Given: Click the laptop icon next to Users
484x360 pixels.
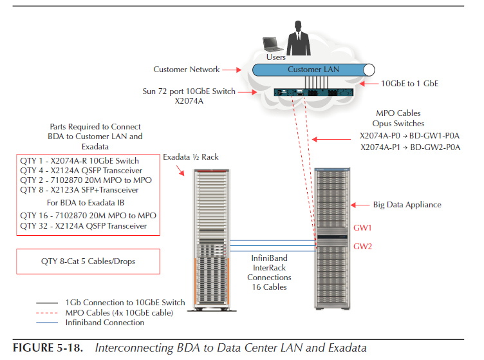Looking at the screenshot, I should (x=272, y=44).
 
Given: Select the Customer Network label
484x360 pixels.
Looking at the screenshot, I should (x=186, y=70).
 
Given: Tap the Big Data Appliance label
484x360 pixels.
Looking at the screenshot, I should (x=407, y=205).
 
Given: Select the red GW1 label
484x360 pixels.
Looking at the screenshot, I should (x=363, y=228).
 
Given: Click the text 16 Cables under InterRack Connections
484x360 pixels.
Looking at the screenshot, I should (x=269, y=287).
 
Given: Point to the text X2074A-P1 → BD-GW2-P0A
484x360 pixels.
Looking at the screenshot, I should (x=410, y=147).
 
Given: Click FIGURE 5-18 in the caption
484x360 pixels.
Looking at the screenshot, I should (x=50, y=348).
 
